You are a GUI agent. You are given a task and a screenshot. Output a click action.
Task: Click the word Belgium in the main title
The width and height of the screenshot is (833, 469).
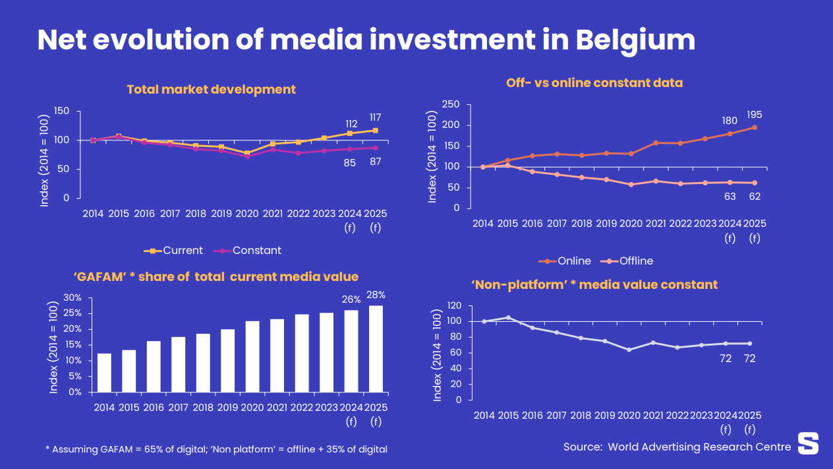click(635, 40)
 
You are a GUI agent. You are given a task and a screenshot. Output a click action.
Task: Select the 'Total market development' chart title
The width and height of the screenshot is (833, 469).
click(211, 89)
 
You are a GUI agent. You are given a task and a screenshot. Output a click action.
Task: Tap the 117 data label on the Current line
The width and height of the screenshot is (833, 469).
click(375, 117)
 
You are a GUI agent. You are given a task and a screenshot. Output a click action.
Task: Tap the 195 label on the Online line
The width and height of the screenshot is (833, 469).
click(754, 115)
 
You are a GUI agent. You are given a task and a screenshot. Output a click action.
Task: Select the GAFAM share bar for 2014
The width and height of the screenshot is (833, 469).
click(104, 373)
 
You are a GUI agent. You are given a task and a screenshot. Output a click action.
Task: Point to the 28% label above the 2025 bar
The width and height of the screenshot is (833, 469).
click(376, 295)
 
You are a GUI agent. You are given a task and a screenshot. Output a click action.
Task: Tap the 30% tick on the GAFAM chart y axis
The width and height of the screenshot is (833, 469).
click(72, 297)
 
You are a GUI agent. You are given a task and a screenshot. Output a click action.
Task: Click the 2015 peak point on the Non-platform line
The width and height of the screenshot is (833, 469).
click(508, 317)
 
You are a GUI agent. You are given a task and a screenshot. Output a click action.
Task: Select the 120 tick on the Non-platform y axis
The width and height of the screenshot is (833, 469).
click(455, 305)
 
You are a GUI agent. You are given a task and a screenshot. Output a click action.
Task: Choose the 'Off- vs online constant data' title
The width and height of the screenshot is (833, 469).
click(594, 82)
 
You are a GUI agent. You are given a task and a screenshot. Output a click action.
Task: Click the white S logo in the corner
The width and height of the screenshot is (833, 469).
click(808, 443)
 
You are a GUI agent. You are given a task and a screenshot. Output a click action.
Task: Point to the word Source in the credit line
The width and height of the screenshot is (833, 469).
click(582, 447)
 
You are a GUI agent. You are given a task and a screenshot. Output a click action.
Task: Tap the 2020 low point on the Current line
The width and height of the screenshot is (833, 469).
click(247, 153)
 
